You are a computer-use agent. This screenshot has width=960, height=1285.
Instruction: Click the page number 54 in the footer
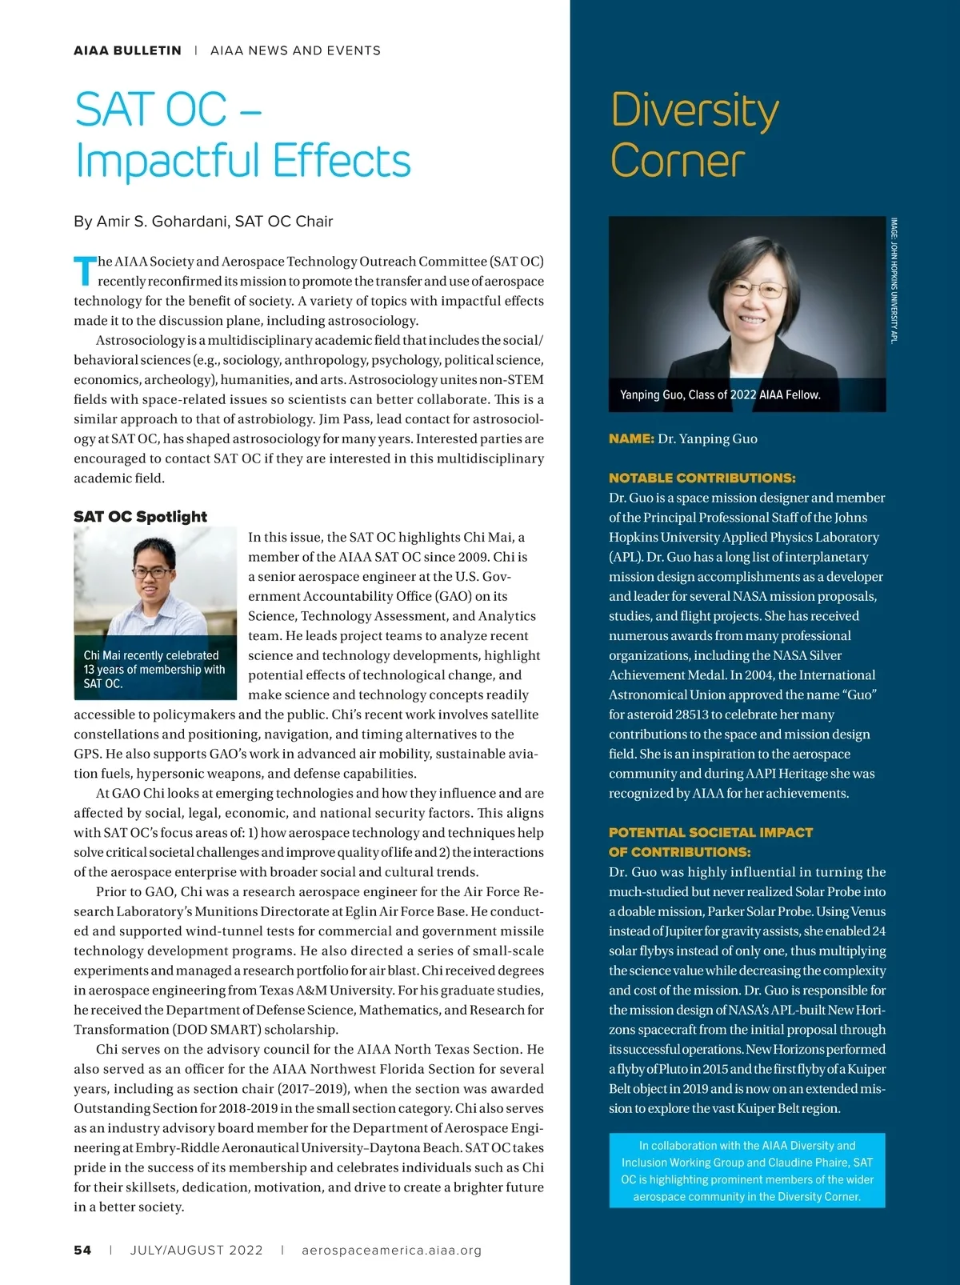(x=82, y=1250)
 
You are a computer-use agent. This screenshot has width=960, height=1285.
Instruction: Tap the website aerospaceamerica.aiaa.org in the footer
(x=392, y=1250)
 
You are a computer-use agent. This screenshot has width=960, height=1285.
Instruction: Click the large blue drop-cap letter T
(x=84, y=271)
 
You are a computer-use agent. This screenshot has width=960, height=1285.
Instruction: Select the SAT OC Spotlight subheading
(x=140, y=516)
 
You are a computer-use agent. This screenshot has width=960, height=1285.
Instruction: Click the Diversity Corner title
(x=694, y=135)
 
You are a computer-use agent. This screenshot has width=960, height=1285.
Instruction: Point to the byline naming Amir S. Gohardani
(x=203, y=221)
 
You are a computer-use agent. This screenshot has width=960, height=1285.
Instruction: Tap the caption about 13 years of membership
(x=154, y=669)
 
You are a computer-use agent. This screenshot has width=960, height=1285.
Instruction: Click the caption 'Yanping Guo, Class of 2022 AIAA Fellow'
(x=720, y=394)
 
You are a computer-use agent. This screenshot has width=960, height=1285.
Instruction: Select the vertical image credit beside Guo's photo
(x=894, y=280)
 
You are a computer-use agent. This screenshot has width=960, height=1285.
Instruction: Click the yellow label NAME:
(x=631, y=438)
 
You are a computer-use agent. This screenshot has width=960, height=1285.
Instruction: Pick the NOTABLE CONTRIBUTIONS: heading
(x=702, y=478)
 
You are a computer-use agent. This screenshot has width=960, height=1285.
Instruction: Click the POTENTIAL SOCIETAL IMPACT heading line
(x=710, y=832)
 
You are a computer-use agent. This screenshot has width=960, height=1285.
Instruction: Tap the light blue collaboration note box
(x=746, y=1171)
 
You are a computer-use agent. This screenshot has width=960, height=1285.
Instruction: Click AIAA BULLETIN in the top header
(x=127, y=50)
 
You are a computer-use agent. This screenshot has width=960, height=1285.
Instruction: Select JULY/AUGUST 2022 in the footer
(x=196, y=1250)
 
